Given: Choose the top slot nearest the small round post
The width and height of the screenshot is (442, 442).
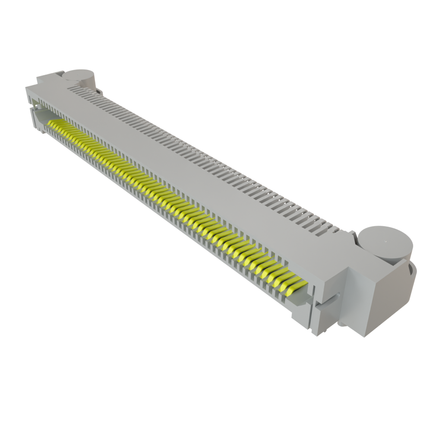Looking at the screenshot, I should pos(78,88).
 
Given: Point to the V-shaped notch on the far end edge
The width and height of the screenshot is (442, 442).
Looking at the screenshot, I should pos(30,106).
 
